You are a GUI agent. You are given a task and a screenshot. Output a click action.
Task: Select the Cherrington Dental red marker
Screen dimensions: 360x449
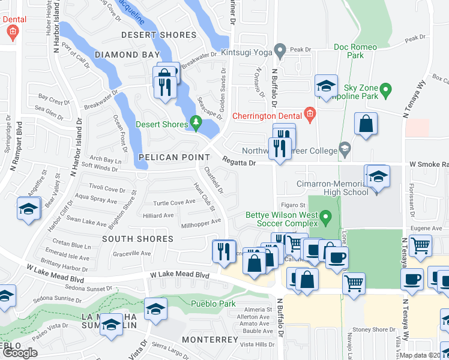point(310,113)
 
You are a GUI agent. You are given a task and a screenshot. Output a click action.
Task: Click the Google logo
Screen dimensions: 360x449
point(19,353)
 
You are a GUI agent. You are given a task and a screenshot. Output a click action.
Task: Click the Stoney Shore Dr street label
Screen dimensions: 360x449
point(372,329)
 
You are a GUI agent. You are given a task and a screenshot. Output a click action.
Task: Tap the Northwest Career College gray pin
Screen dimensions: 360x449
point(344,148)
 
